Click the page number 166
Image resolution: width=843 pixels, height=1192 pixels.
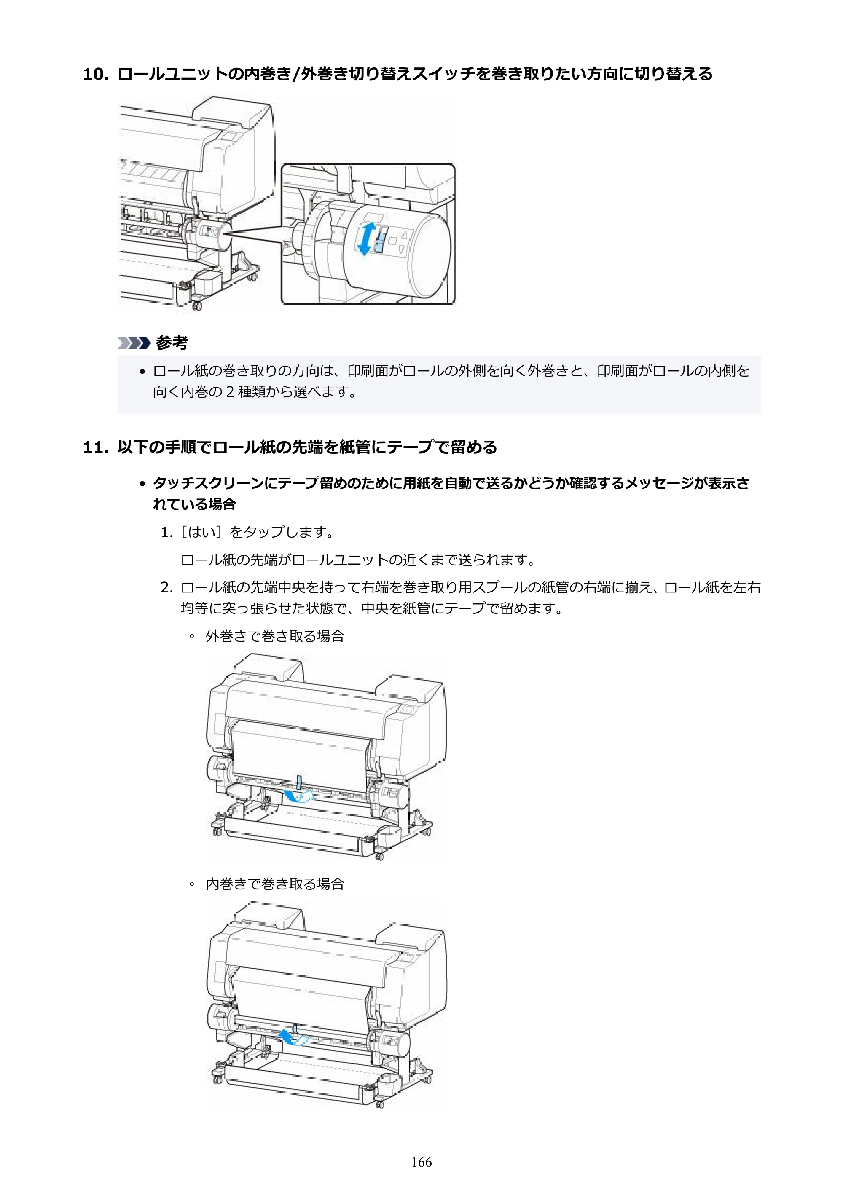[421, 1162]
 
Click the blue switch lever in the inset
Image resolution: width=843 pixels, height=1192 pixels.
[381, 242]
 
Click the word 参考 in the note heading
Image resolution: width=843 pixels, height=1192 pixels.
[172, 343]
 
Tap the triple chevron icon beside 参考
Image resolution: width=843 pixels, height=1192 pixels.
[134, 343]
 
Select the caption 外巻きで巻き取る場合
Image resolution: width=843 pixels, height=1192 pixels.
[275, 637]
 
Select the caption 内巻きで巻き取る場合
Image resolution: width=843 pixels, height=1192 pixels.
[275, 884]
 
